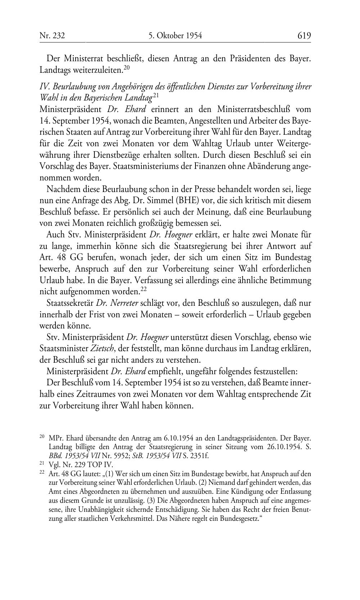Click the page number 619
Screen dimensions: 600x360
[304, 35]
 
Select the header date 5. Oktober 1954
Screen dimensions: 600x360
[175, 35]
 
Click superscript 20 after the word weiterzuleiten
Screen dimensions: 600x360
[126, 67]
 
